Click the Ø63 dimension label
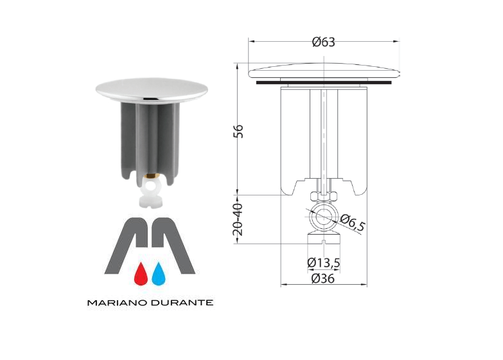click(323, 42)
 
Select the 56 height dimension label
click(239, 131)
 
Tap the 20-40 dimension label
click(238, 220)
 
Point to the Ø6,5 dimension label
click(353, 222)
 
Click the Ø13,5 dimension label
click(323, 263)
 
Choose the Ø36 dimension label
click(322, 278)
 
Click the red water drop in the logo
click(141, 274)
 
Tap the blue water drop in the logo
click(159, 274)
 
